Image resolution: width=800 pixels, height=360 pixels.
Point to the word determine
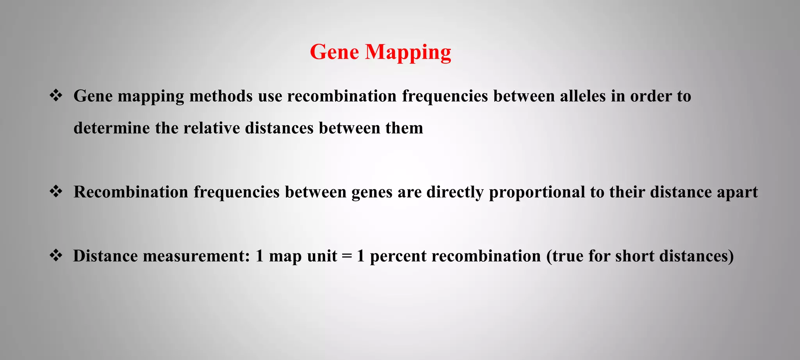pyautogui.click(x=112, y=128)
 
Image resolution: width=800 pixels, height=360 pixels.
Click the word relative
pyautogui.click(x=211, y=128)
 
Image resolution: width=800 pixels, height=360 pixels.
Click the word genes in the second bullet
pyautogui.click(x=371, y=192)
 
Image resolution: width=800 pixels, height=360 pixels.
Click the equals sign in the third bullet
pyautogui.click(x=347, y=257)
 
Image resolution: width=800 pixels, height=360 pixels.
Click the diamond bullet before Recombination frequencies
pyautogui.click(x=56, y=192)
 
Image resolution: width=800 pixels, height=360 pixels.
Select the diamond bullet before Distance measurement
pyautogui.click(x=56, y=256)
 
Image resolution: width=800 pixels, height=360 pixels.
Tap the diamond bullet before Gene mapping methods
pyautogui.click(x=56, y=96)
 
